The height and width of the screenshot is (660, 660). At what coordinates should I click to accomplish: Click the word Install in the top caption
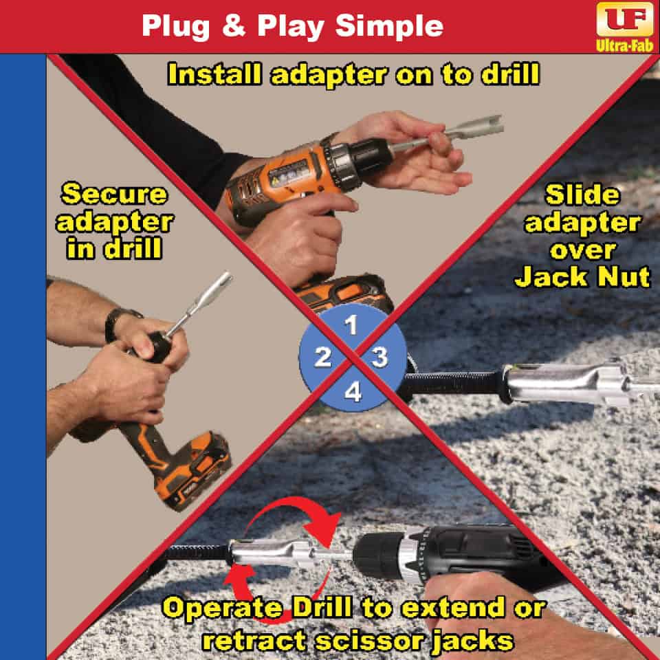(x=214, y=74)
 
